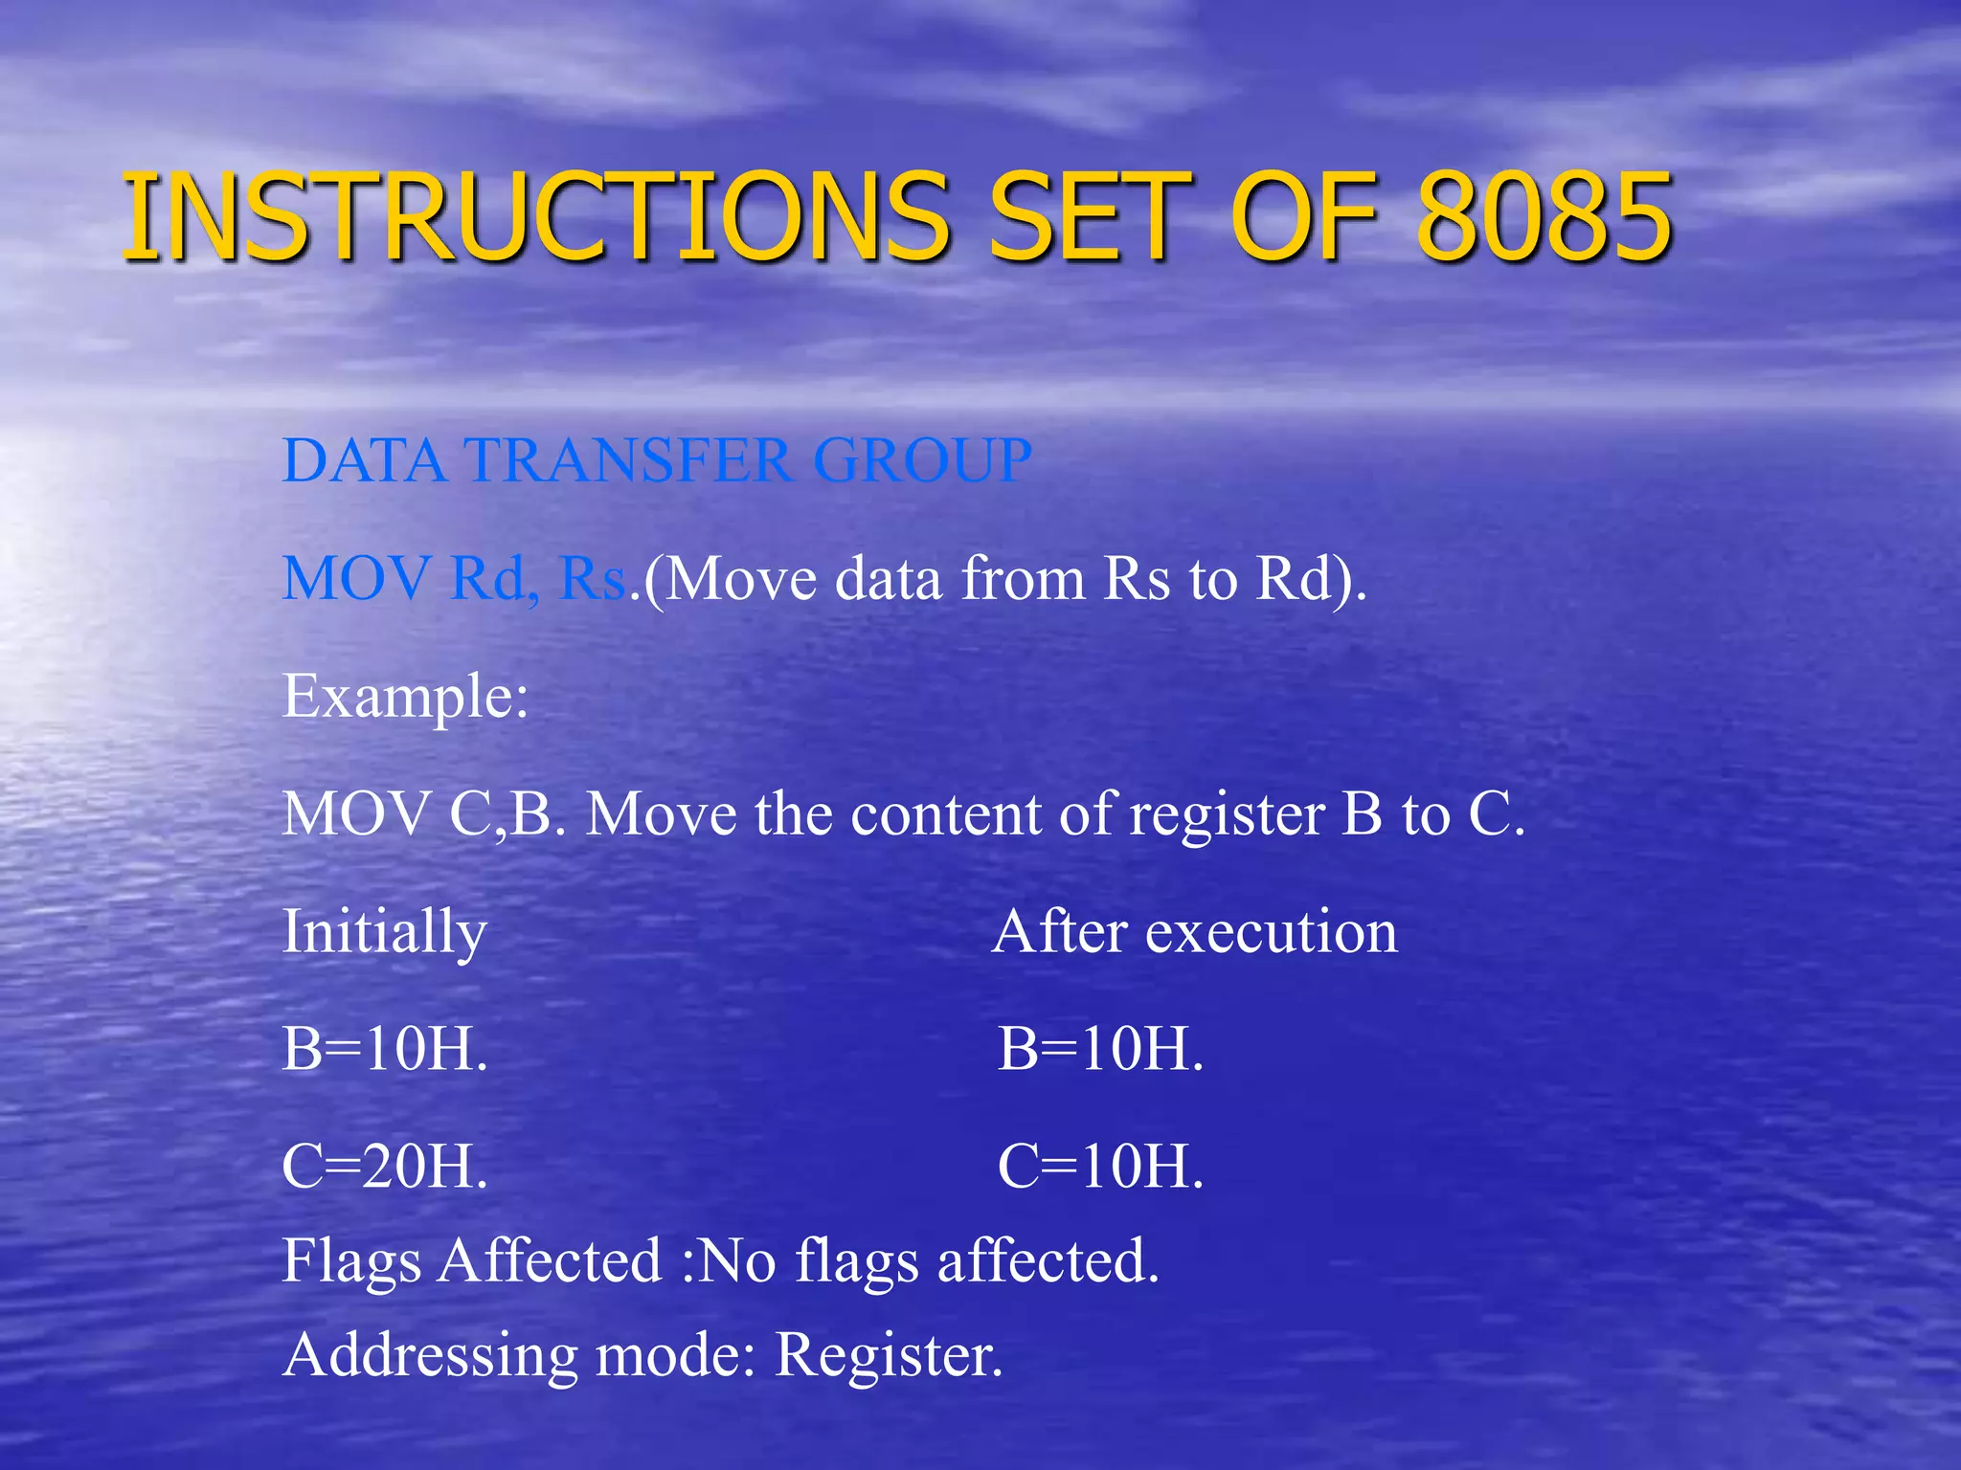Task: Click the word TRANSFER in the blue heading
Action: click(628, 460)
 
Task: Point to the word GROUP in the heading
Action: click(922, 460)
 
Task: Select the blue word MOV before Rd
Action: click(355, 579)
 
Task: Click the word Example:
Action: click(405, 696)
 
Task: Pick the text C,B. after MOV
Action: click(507, 814)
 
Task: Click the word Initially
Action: click(384, 932)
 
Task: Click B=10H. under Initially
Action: click(385, 1049)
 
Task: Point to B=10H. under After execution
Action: click(1100, 1049)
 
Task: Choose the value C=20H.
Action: click(385, 1167)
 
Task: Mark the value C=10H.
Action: click(1100, 1167)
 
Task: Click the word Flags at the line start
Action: click(351, 1261)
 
